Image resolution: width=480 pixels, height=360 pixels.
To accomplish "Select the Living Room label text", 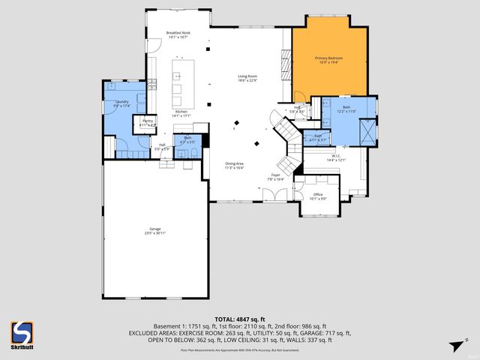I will point(247,76).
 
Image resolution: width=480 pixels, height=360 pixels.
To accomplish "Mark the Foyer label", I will point(276,176).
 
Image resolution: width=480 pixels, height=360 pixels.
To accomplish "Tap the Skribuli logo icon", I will point(22,331).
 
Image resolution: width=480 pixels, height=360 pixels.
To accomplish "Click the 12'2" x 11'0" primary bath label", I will point(346,108).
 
